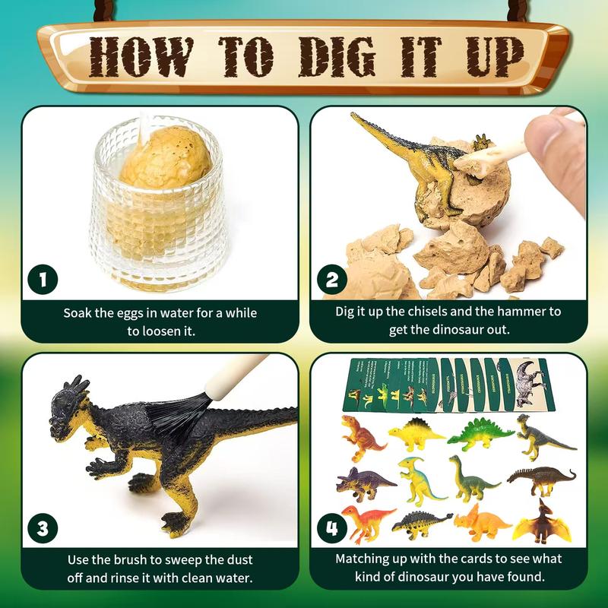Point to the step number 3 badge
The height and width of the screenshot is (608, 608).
[x=43, y=527]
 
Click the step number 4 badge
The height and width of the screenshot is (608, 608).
[x=332, y=527]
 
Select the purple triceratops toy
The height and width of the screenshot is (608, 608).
[x=365, y=482]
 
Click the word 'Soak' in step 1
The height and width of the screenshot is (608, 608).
[x=78, y=312]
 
